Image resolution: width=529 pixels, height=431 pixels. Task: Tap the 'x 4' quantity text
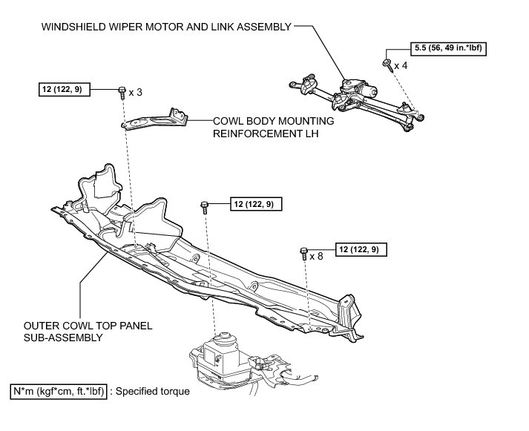tap(400, 65)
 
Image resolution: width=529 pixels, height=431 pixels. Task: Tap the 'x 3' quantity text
tap(135, 92)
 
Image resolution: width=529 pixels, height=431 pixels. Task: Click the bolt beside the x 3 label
tap(120, 92)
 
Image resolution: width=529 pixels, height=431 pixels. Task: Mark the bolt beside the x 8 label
tap(303, 252)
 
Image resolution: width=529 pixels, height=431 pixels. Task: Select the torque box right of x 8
tap(361, 250)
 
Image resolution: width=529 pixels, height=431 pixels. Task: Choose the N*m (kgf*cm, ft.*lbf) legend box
tap(59, 391)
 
